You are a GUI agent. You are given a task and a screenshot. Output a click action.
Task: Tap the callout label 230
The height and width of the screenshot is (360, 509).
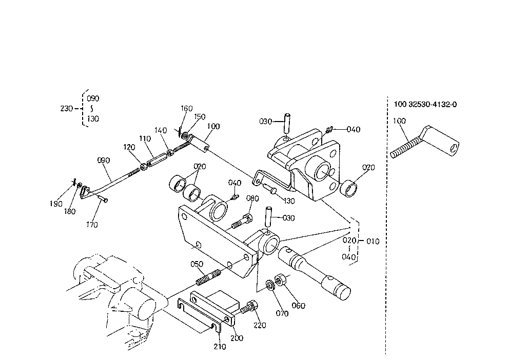coord(67,108)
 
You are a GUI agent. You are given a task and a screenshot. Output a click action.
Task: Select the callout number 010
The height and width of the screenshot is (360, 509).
coord(373,242)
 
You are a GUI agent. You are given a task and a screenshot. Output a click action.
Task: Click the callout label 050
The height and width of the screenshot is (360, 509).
coord(197,264)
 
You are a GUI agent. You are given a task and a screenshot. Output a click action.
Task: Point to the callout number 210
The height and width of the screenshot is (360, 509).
coord(220,347)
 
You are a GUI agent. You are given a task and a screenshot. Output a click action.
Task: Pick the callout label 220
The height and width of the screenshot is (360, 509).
coord(260,325)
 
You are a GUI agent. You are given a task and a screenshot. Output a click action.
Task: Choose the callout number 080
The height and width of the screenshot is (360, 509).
coord(252,198)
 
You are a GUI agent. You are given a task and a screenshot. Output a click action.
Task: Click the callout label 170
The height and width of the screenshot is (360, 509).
coord(92,225)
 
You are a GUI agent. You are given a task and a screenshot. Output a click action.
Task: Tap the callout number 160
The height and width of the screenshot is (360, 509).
coord(187,108)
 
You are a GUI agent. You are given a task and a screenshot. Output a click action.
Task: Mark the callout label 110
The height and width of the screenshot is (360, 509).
coord(145,138)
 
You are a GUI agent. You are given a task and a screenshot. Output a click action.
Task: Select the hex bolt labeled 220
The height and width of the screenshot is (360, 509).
coord(249,307)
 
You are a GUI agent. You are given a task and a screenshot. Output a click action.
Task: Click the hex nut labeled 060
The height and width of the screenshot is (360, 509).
coord(280,280)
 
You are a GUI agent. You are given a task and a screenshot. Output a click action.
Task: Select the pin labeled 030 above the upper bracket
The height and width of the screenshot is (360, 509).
coord(287,123)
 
